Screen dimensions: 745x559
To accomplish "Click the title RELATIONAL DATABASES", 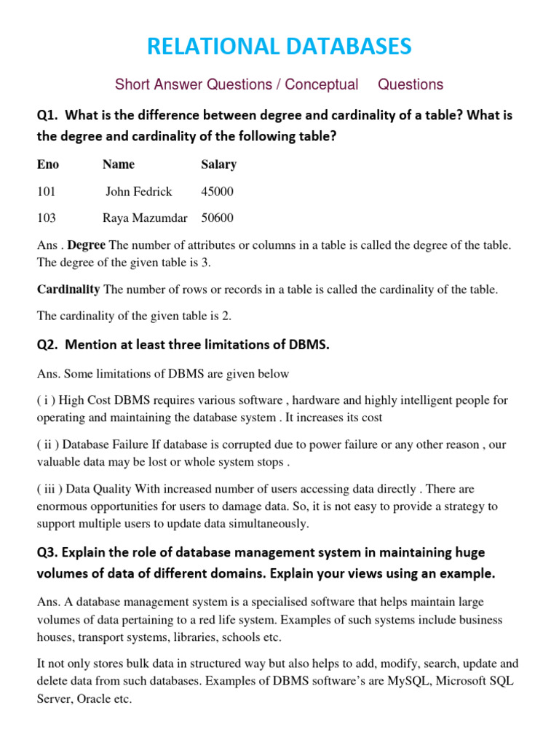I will [279, 47].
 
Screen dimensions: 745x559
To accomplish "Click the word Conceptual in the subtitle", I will [321, 84].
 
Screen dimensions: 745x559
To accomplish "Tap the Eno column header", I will [48, 164].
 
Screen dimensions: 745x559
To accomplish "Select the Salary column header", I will [218, 164].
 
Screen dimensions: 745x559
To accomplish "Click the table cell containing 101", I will [46, 191].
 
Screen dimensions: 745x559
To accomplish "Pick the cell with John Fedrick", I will [138, 191].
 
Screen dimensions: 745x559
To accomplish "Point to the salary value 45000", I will [217, 191].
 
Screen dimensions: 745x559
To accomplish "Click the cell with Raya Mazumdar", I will [145, 218].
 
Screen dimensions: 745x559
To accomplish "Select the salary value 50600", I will [217, 218].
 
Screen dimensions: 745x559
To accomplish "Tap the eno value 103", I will [46, 218].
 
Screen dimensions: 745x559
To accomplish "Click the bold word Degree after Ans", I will [87, 245].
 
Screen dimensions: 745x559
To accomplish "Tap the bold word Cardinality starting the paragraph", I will [68, 290].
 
